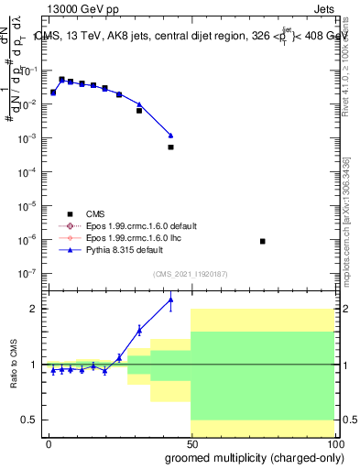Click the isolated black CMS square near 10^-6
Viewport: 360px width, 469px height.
263,241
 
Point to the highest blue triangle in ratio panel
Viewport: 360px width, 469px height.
170,300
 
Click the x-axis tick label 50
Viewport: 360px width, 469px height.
191,444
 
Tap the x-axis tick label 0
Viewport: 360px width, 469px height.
49,444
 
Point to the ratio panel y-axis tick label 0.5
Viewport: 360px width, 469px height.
29,420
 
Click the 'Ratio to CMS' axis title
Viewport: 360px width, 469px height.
13,365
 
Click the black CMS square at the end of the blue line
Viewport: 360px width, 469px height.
170,147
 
